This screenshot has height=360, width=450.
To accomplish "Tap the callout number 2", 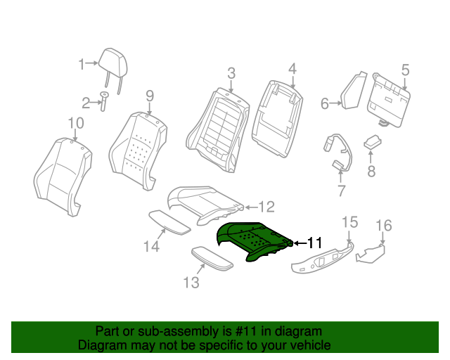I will [x=86, y=104].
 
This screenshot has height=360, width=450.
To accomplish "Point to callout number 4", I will [x=292, y=69].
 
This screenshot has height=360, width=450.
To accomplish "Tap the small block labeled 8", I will [x=371, y=143].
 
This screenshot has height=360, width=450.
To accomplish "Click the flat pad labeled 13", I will [x=212, y=258].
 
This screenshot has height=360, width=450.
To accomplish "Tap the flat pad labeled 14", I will [x=169, y=221].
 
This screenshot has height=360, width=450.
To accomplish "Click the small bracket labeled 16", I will [x=371, y=252].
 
